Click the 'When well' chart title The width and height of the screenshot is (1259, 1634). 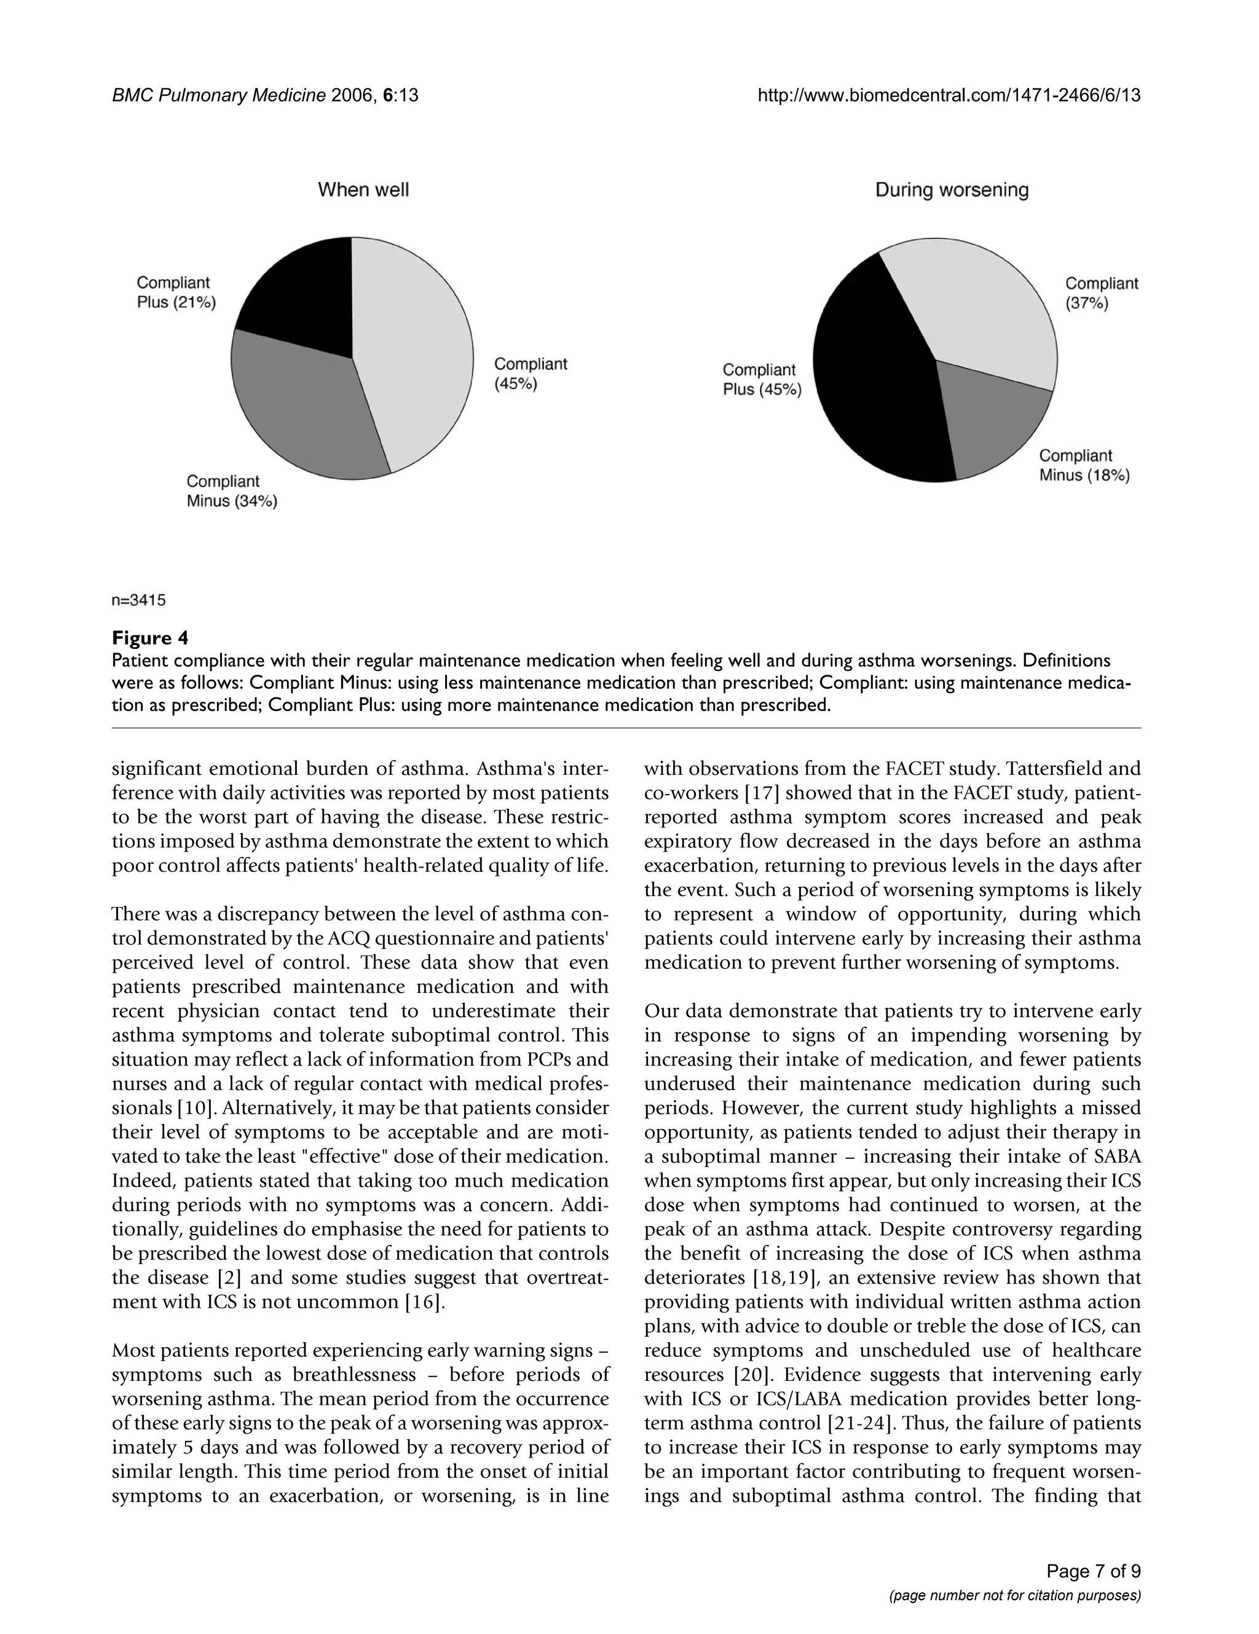(363, 189)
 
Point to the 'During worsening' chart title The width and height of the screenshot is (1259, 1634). (952, 189)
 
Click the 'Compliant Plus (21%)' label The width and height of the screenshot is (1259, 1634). (176, 293)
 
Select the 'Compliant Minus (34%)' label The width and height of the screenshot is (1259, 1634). (231, 491)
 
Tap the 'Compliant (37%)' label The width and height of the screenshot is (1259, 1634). (1101, 293)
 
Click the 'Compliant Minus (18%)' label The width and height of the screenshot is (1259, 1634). (1084, 465)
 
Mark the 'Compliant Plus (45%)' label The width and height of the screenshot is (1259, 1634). (761, 379)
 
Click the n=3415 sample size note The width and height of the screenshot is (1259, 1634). (138, 600)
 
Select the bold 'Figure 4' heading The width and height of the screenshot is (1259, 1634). (150, 637)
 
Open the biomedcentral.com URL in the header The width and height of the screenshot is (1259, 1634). (949, 95)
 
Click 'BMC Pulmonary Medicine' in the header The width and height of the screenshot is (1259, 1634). (219, 95)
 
